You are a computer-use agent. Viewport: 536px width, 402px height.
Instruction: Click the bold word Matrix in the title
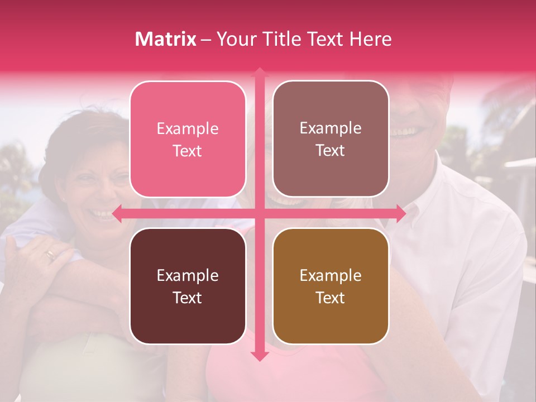click(x=166, y=39)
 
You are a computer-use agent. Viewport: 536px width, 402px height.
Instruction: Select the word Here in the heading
click(x=370, y=39)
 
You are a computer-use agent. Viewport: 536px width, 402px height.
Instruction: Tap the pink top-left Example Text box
click(x=188, y=139)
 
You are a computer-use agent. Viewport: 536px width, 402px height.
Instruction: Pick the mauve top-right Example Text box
click(x=331, y=139)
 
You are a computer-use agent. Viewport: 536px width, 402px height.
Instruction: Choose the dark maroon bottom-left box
click(x=188, y=286)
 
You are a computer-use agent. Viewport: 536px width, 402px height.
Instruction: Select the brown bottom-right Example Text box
click(x=331, y=286)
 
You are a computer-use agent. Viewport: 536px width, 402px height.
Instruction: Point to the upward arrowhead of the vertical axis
click(x=259, y=72)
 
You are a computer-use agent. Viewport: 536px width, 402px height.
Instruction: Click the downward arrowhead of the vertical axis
click(x=259, y=356)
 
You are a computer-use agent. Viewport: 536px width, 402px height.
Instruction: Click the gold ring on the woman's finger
click(x=51, y=255)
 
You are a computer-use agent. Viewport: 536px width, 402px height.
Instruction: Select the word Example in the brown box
click(x=331, y=275)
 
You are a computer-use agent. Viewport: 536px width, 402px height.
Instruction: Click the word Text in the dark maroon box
click(x=187, y=298)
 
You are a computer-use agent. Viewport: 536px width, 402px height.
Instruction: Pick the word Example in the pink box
click(x=188, y=128)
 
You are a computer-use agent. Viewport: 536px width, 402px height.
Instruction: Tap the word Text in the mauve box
click(x=331, y=151)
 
